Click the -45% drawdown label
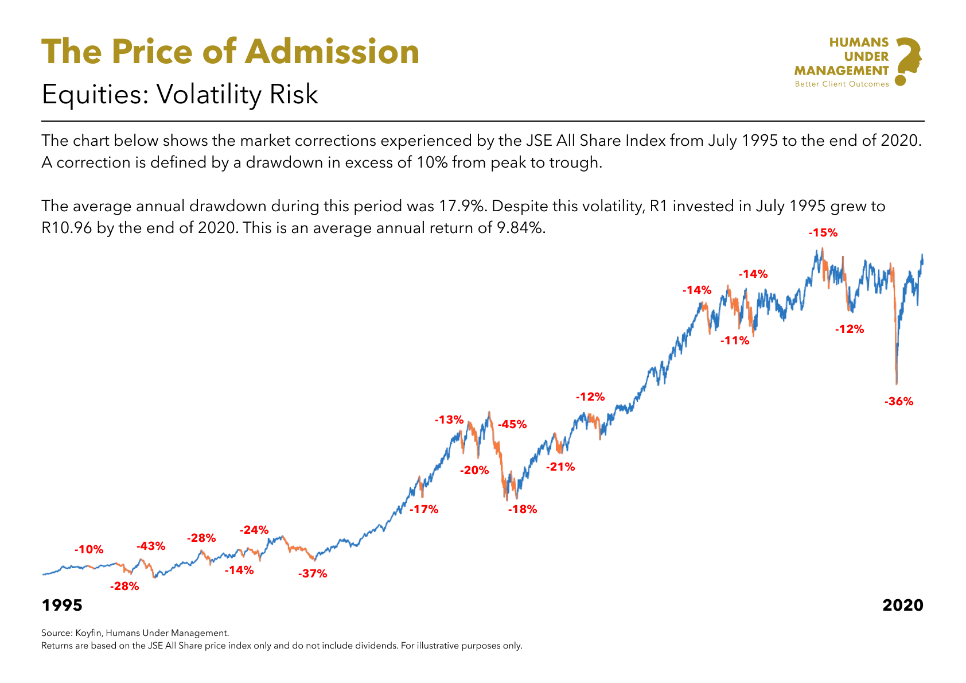click(x=512, y=425)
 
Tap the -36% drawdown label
click(x=898, y=402)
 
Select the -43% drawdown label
click(x=150, y=546)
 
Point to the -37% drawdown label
click(x=312, y=573)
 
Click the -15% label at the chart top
click(x=823, y=233)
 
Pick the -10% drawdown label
click(x=89, y=549)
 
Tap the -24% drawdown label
click(x=254, y=530)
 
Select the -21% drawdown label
click(x=560, y=467)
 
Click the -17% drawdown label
click(x=424, y=509)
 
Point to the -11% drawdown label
click(x=735, y=340)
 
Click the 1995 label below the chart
click(x=62, y=606)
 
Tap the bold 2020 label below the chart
click(x=902, y=606)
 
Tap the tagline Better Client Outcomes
click(x=841, y=84)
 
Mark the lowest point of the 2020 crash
click(x=896, y=383)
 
